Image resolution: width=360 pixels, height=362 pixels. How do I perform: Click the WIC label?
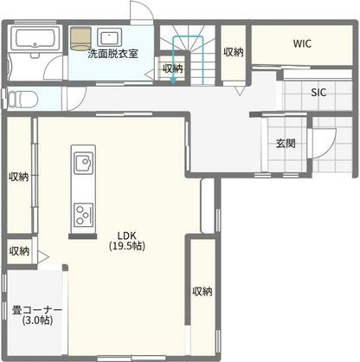coord(302,42)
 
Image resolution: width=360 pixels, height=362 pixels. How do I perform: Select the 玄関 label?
coord(286,144)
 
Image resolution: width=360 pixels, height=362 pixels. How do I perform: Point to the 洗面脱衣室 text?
coord(113,54)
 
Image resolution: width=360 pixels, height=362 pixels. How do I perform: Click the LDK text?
coord(125,235)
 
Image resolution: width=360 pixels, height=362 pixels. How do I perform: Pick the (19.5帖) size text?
coord(126,246)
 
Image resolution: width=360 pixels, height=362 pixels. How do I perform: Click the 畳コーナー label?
coord(35,309)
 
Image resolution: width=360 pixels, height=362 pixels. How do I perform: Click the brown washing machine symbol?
coord(80,39)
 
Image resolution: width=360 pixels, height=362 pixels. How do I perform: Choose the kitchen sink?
coord(83,162)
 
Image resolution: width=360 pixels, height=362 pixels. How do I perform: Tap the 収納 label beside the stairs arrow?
coord(172,68)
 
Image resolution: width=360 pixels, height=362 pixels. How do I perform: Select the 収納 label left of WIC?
coord(233,52)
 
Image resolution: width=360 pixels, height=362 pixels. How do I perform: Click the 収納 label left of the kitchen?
coord(19,177)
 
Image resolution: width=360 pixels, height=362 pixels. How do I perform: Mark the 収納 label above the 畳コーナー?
coord(19,251)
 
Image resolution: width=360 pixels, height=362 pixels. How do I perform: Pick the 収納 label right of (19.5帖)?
coord(202,291)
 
